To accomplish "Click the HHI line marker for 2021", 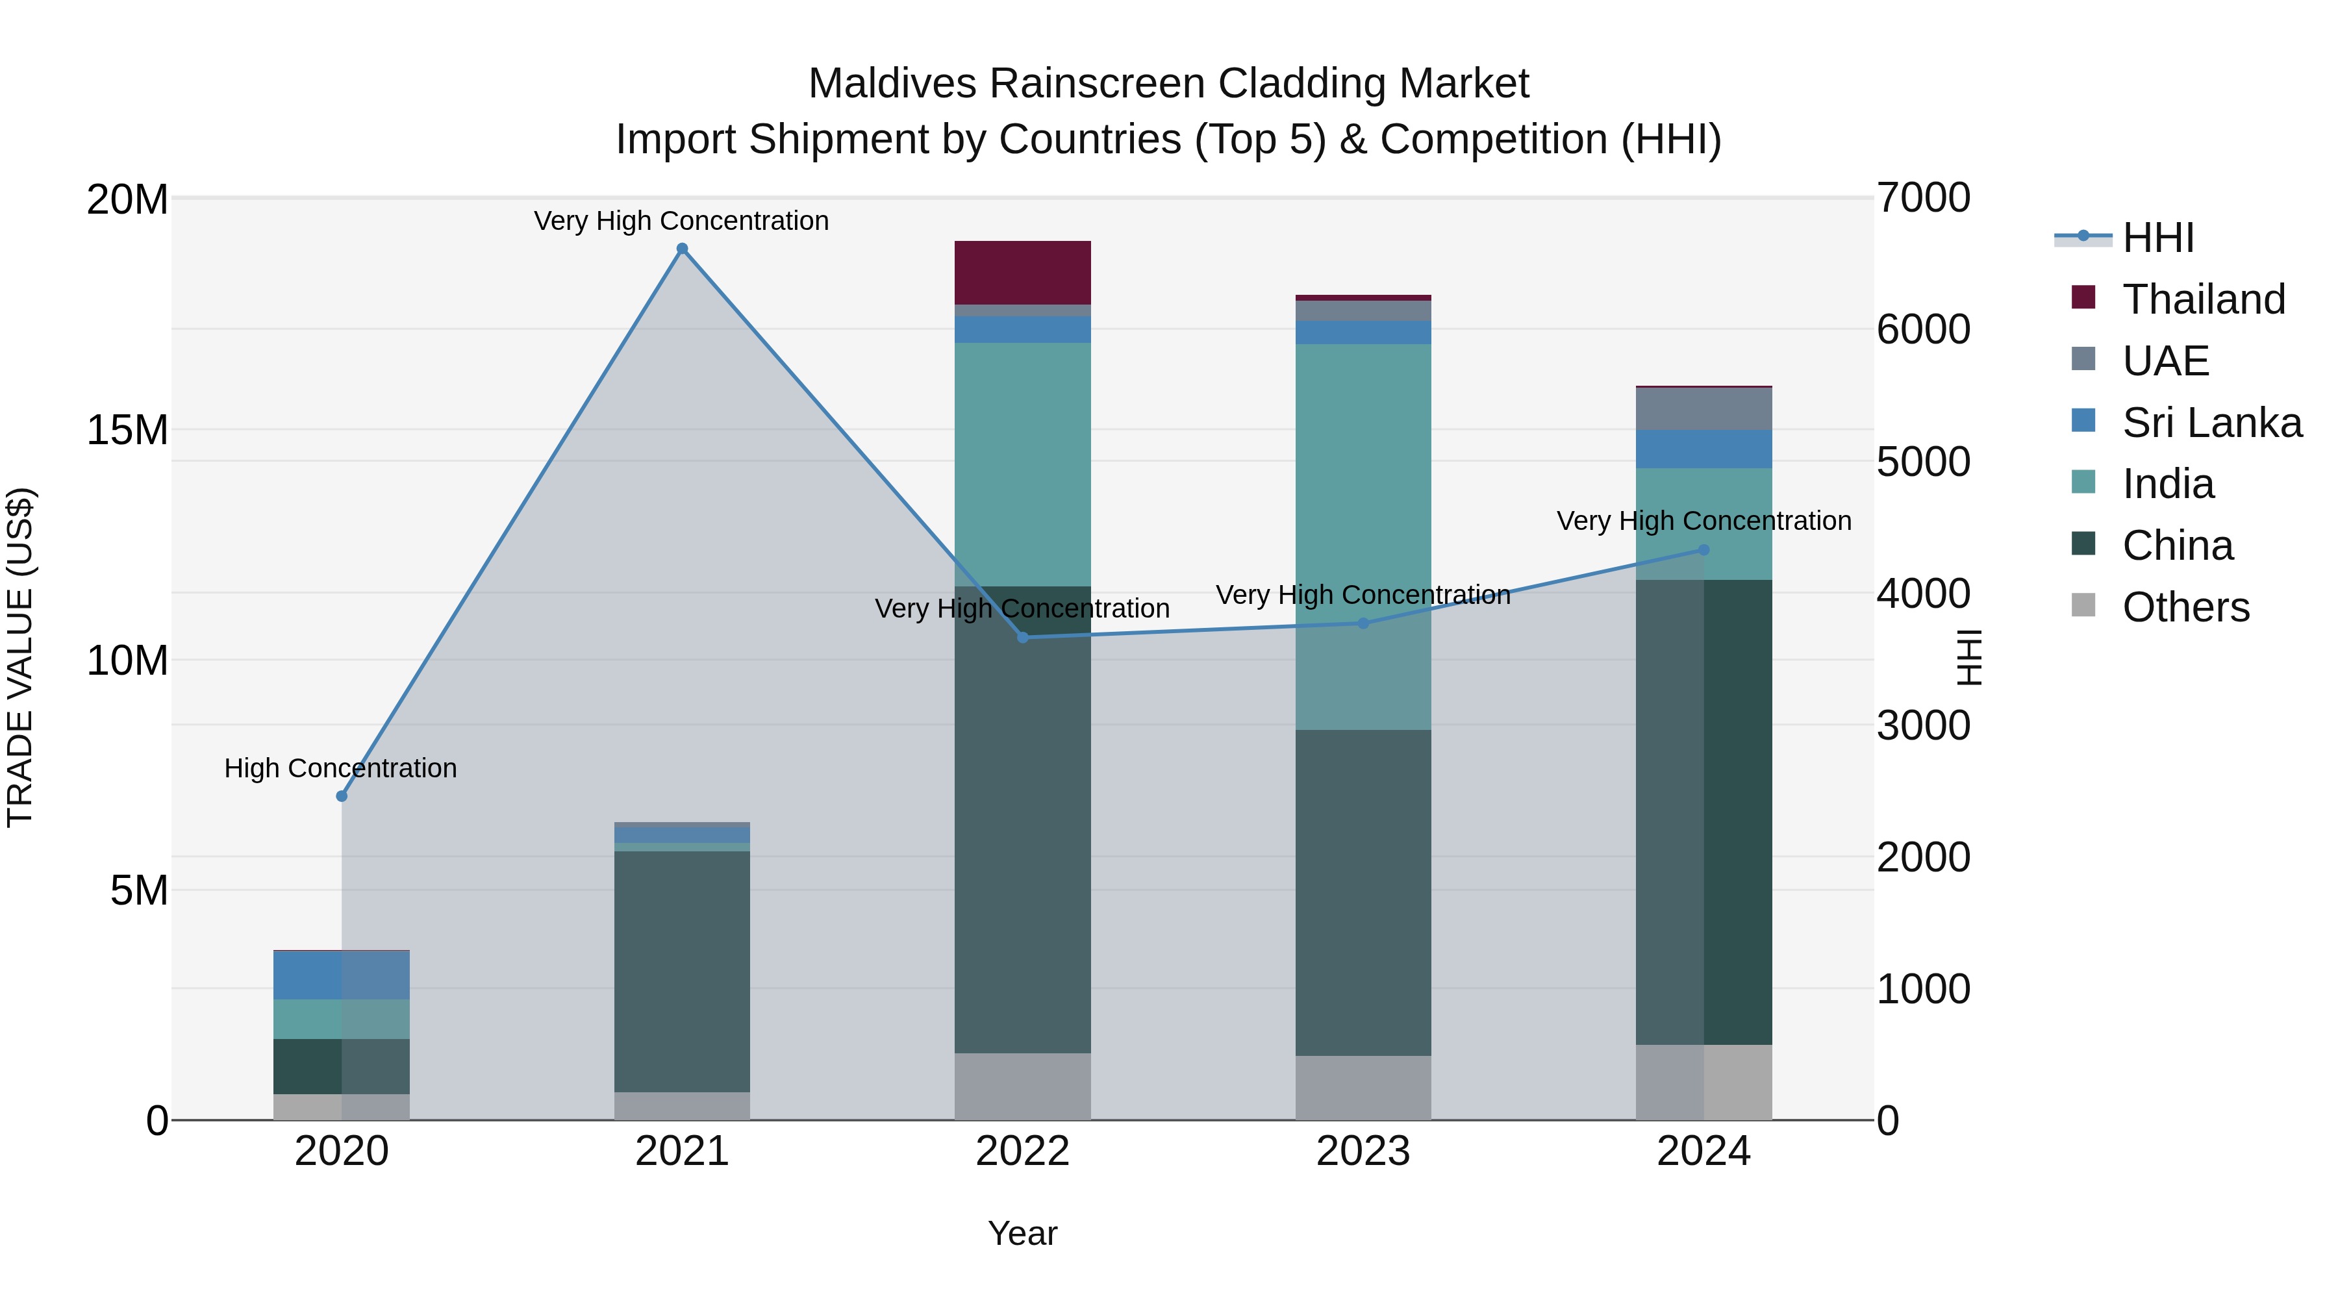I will (683, 249).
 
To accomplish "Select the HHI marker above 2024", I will (1703, 550).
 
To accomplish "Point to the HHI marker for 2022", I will (1023, 638).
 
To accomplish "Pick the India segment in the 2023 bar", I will (1363, 536).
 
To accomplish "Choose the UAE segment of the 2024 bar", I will (1703, 408).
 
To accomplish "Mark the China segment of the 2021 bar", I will (683, 971).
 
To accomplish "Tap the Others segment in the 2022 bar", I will (1023, 1086).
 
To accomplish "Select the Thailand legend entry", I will (2204, 299).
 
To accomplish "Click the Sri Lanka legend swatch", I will (2084, 421).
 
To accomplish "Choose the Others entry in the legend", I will (2185, 607).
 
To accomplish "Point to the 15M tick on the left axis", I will (127, 430).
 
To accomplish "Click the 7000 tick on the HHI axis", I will (1923, 198).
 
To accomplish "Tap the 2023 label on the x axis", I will (1363, 1151).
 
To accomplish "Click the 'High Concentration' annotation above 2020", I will (340, 769).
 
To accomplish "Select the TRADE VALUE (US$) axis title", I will (20, 658).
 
